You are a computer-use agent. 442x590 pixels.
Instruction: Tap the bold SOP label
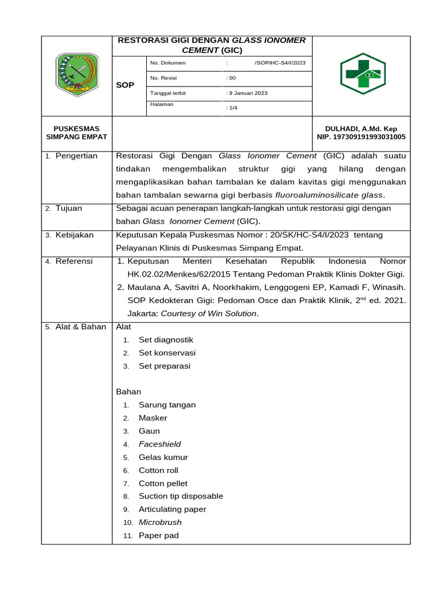click(x=125, y=85)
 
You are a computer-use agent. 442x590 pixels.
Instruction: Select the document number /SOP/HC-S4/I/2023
click(x=279, y=63)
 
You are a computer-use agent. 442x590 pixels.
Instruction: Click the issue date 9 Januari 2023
click(x=248, y=93)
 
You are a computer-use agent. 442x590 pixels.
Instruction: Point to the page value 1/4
click(x=233, y=107)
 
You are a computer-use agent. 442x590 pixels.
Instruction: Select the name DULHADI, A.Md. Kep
click(x=361, y=128)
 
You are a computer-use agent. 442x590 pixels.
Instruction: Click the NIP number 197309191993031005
click(x=361, y=137)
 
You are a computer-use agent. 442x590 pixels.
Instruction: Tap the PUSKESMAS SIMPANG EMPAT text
click(x=77, y=133)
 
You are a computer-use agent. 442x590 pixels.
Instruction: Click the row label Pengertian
click(x=76, y=156)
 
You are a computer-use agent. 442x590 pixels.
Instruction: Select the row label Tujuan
click(x=68, y=209)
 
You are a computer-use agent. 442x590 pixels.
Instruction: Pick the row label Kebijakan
click(x=74, y=235)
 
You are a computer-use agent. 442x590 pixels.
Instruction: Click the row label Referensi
click(x=74, y=262)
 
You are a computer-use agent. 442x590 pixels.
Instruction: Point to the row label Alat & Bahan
click(x=80, y=327)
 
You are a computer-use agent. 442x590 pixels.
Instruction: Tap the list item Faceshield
click(x=159, y=444)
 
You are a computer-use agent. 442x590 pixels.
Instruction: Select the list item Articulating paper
click(x=172, y=509)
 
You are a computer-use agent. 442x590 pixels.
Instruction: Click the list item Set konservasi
click(x=167, y=353)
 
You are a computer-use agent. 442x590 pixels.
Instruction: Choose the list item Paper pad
click(x=158, y=536)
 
